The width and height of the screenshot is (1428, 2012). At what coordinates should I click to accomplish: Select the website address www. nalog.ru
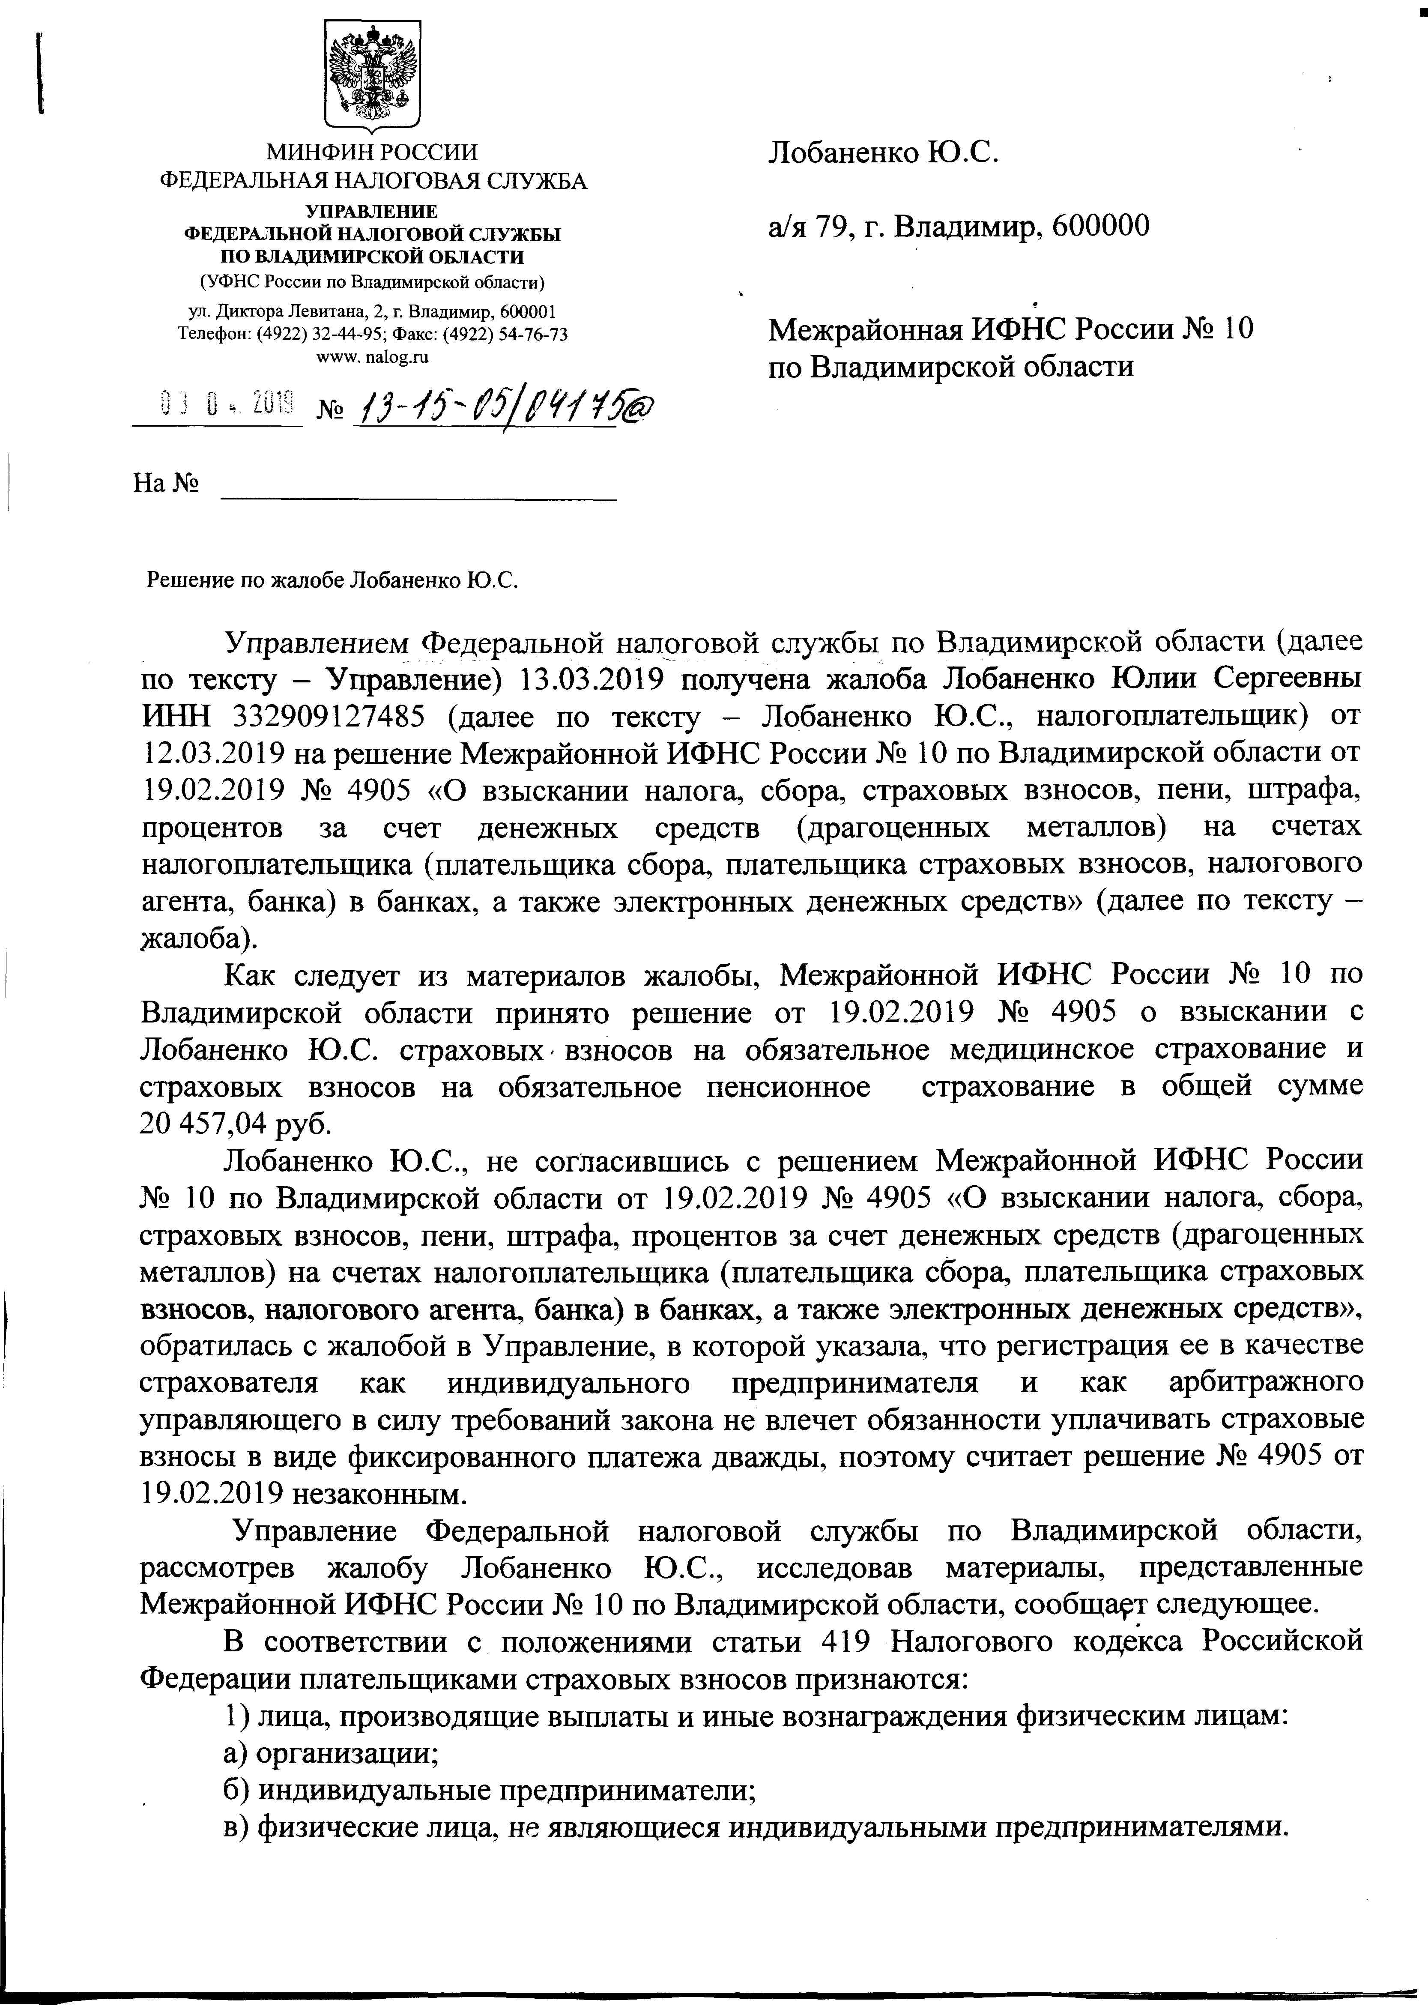click(x=372, y=356)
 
